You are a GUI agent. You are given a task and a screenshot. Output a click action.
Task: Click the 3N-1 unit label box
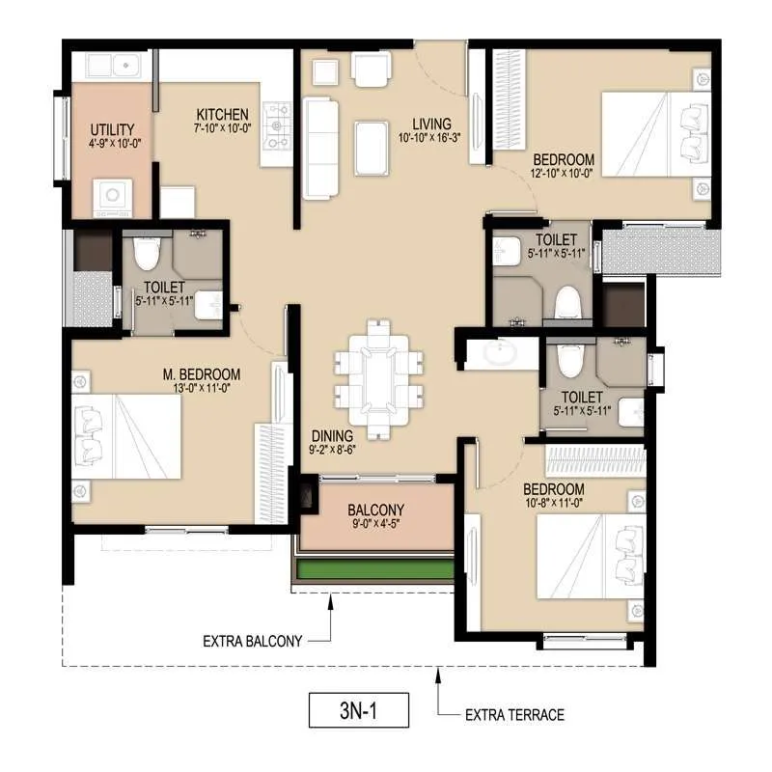coord(359,710)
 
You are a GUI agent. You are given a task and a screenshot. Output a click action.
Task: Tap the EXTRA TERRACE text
coord(514,715)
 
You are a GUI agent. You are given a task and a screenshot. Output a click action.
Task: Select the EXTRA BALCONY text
coord(253,641)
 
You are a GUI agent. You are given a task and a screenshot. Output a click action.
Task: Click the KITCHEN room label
coord(223,114)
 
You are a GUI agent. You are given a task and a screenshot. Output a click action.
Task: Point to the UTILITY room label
coord(112,129)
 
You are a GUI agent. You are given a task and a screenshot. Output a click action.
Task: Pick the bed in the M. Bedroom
coord(129,435)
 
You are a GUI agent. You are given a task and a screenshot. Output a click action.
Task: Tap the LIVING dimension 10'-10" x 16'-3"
coord(431,138)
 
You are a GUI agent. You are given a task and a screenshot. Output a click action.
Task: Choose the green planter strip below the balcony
coord(374,570)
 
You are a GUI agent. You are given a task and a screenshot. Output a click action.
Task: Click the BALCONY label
coord(375,510)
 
